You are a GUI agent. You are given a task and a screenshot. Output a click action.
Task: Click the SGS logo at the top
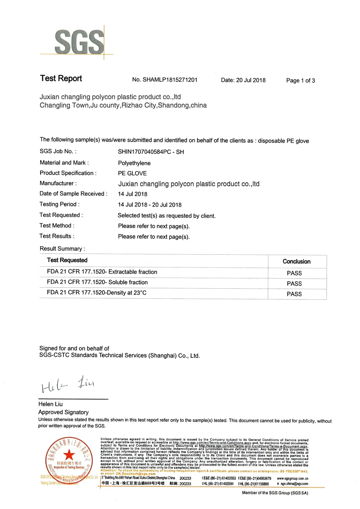pyautogui.click(x=79, y=41)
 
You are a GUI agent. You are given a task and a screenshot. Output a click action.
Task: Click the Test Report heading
pyautogui.click(x=61, y=78)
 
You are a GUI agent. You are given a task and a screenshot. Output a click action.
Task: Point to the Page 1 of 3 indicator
pyautogui.click(x=301, y=81)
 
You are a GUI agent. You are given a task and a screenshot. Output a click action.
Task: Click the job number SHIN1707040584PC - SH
pyautogui.click(x=151, y=152)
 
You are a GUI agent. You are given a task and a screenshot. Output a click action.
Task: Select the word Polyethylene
pyautogui.click(x=134, y=163)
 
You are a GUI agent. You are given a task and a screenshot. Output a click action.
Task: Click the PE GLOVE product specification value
pyautogui.click(x=132, y=173)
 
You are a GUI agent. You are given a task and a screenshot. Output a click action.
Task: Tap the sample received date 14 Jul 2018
pyautogui.click(x=133, y=194)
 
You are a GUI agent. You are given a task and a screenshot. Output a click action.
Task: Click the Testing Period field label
pyautogui.click(x=59, y=204)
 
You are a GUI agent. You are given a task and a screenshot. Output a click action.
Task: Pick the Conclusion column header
pyautogui.click(x=296, y=261)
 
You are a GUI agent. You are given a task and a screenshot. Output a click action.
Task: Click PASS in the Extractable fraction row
pyautogui.click(x=294, y=273)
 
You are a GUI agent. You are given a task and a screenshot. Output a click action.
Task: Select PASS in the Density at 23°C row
pyautogui.click(x=294, y=294)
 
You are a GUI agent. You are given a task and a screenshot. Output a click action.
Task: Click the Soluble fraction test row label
pyautogui.click(x=97, y=282)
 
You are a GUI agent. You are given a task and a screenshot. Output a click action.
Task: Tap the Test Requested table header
pyautogui.click(x=67, y=260)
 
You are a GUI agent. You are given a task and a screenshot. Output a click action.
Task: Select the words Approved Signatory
pyautogui.click(x=64, y=412)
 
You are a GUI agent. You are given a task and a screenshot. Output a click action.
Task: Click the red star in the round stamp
pyautogui.click(x=69, y=454)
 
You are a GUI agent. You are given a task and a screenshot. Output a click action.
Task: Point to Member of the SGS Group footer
pyautogui.click(x=275, y=493)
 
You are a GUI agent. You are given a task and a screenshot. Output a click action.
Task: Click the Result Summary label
pyautogui.click(x=62, y=249)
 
